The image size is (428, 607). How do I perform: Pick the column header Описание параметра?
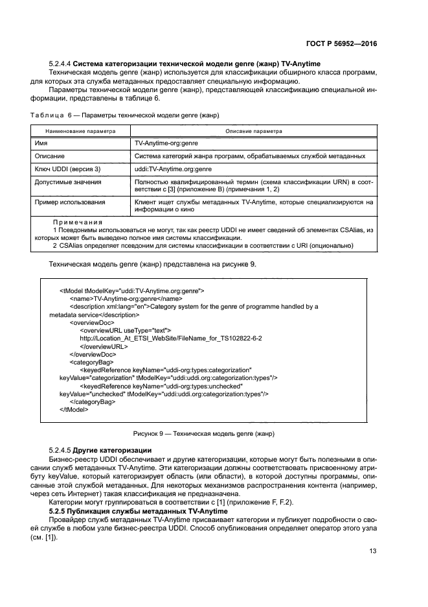tap(253, 131)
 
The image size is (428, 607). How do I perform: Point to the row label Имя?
tap(41, 143)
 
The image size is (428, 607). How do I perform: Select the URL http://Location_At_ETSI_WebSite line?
tap(170, 339)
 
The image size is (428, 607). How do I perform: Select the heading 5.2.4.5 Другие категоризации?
tap(100, 450)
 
